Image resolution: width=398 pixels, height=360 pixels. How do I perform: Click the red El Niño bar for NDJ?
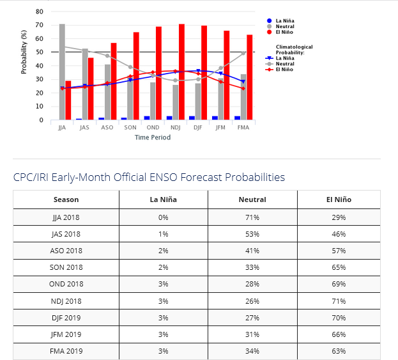[x=181, y=72]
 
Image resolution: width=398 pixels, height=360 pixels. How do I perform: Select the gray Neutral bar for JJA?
[x=62, y=72]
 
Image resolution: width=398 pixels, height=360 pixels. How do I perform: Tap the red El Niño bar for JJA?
[x=68, y=100]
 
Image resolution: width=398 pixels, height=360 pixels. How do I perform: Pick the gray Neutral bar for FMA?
[x=243, y=97]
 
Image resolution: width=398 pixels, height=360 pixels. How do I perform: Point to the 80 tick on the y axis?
[x=40, y=12]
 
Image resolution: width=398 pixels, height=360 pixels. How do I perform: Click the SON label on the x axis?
[x=130, y=127]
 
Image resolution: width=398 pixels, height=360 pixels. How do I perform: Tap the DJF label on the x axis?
[x=198, y=127]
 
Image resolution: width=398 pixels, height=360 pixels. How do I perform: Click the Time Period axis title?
[x=152, y=137]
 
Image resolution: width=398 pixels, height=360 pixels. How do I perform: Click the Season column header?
[x=66, y=200]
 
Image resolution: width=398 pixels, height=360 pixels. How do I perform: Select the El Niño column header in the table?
[x=338, y=200]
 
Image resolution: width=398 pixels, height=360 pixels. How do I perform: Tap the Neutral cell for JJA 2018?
[x=252, y=217]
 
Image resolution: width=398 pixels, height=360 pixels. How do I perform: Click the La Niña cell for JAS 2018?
[x=163, y=234]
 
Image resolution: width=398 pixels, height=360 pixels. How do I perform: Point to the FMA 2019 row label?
[x=66, y=351]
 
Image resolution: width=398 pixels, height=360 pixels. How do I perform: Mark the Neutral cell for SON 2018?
[x=252, y=267]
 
